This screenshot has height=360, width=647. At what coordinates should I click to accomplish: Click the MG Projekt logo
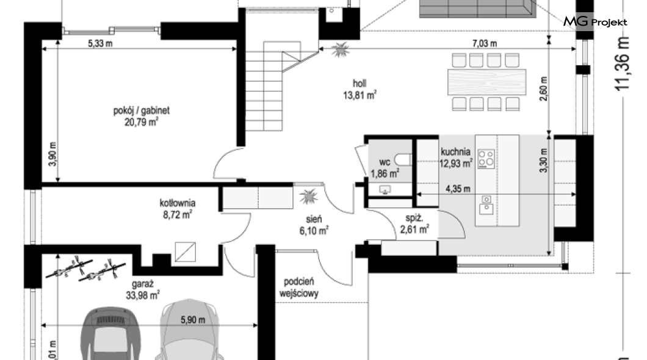tap(595, 21)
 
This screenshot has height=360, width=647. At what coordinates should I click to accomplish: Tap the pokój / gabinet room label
tap(142, 110)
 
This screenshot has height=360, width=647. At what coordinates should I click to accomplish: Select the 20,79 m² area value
tap(142, 122)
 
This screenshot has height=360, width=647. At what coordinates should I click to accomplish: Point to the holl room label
tap(360, 84)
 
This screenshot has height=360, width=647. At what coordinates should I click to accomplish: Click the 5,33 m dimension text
tap(100, 43)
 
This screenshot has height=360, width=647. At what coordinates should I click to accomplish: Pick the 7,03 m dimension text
tap(485, 43)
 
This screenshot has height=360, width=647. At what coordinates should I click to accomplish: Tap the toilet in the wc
tap(403, 159)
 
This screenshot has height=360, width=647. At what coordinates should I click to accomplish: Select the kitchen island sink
tap(486, 205)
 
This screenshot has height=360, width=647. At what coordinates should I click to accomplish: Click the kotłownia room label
tap(178, 203)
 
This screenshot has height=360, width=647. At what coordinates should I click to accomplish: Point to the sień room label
tap(314, 220)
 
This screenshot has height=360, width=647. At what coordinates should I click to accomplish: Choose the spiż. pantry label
tap(414, 218)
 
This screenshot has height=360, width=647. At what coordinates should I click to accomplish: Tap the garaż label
tap(143, 284)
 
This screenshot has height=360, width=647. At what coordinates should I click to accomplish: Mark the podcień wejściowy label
tap(298, 287)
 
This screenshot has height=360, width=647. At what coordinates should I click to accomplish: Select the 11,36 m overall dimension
tap(622, 63)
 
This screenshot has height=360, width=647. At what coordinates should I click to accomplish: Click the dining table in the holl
tap(486, 82)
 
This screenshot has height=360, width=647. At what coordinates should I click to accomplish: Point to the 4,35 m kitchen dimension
tap(458, 189)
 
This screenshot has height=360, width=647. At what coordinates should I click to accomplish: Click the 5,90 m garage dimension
tap(193, 320)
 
